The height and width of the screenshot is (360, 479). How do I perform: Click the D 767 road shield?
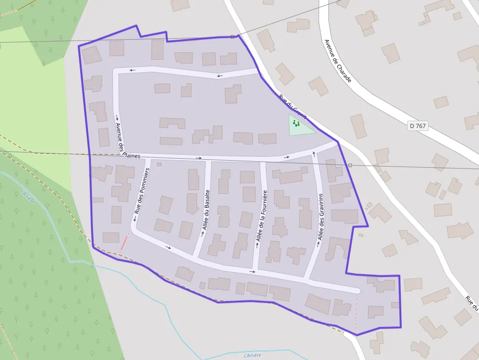(x=418, y=126)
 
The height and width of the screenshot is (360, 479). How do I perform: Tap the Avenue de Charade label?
(x=338, y=61)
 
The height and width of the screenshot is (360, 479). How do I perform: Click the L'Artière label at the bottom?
(x=252, y=355)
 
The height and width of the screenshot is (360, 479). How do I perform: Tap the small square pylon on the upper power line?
(x=232, y=37)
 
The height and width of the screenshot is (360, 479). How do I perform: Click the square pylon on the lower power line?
(x=350, y=165)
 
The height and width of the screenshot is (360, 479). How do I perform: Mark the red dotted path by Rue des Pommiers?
(x=125, y=240)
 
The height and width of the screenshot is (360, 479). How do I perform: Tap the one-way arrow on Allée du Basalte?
(x=203, y=233)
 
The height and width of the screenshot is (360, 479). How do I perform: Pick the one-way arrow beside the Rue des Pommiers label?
(x=133, y=220)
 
